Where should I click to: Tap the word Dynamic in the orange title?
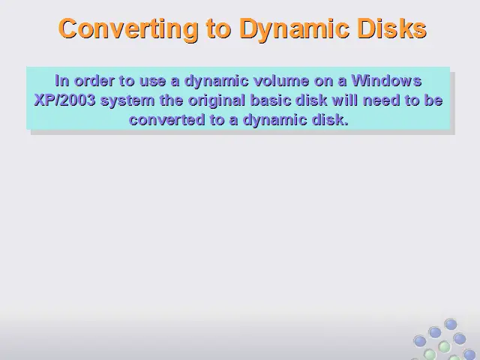tap(295, 28)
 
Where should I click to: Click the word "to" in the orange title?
tap(219, 29)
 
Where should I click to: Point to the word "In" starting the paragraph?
tap(62, 81)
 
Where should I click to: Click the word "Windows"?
tap(387, 81)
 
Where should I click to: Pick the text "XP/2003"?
tap(65, 100)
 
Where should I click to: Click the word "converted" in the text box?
tap(166, 120)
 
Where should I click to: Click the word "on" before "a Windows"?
tap(324, 82)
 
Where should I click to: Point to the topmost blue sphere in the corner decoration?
tap(451, 324)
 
